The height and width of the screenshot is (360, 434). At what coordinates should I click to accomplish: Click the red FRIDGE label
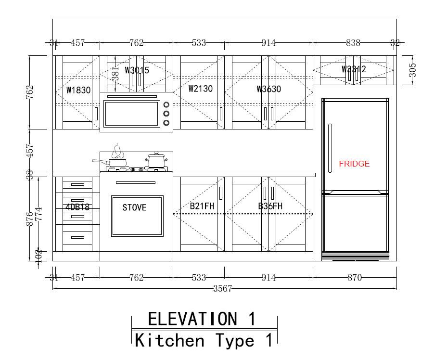click(x=354, y=164)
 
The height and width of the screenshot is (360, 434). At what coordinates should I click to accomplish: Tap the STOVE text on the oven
click(x=135, y=207)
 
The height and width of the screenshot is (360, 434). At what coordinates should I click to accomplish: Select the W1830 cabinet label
click(x=78, y=90)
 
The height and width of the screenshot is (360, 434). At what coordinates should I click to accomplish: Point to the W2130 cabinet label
click(x=201, y=89)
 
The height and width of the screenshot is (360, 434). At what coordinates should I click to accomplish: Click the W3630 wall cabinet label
click(x=269, y=89)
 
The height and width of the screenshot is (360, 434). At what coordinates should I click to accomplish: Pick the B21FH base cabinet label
click(x=202, y=206)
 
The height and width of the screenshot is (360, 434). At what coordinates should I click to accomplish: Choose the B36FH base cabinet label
click(x=270, y=206)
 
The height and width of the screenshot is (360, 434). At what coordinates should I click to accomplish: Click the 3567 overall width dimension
click(x=223, y=289)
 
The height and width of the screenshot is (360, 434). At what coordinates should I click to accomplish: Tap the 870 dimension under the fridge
click(x=355, y=277)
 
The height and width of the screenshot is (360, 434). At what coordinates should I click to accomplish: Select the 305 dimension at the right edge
click(x=412, y=70)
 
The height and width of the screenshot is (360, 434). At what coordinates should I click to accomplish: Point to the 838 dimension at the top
click(x=353, y=43)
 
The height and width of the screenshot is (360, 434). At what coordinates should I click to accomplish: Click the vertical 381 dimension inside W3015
click(x=115, y=73)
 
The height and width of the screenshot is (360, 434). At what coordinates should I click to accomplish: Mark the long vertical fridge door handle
click(x=330, y=148)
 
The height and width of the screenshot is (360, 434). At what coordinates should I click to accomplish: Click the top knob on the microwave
click(x=166, y=104)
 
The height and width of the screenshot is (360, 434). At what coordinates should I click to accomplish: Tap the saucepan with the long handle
click(x=111, y=162)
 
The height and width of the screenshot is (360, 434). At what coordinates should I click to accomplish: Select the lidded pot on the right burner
click(x=156, y=160)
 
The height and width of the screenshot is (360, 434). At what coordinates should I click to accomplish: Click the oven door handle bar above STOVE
click(x=136, y=182)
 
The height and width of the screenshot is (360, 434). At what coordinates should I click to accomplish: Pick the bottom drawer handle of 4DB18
click(x=78, y=237)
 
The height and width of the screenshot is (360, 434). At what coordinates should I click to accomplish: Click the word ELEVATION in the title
click(x=192, y=319)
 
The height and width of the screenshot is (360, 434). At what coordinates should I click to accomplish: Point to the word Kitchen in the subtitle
click(x=169, y=340)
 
